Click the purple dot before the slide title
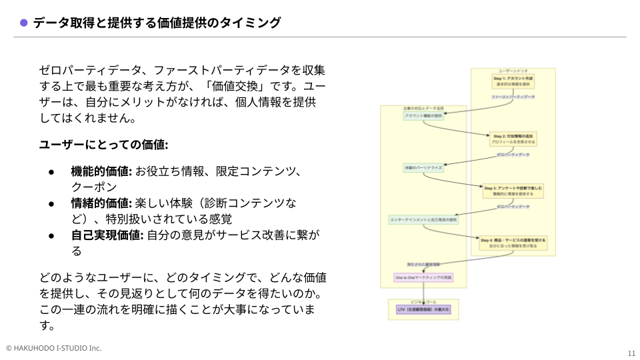23,23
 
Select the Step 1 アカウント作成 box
513,81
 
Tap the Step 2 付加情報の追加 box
513,139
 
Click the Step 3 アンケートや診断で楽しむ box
513,191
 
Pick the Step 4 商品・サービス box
513,243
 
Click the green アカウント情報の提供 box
423,116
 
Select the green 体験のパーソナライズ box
423,167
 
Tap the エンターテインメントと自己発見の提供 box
423,219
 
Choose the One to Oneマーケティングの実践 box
423,277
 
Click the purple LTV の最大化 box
423,310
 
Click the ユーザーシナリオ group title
513,71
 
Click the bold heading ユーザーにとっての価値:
103,145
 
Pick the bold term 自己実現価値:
107,235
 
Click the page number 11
631,353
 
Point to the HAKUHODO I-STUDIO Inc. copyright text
53,348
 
